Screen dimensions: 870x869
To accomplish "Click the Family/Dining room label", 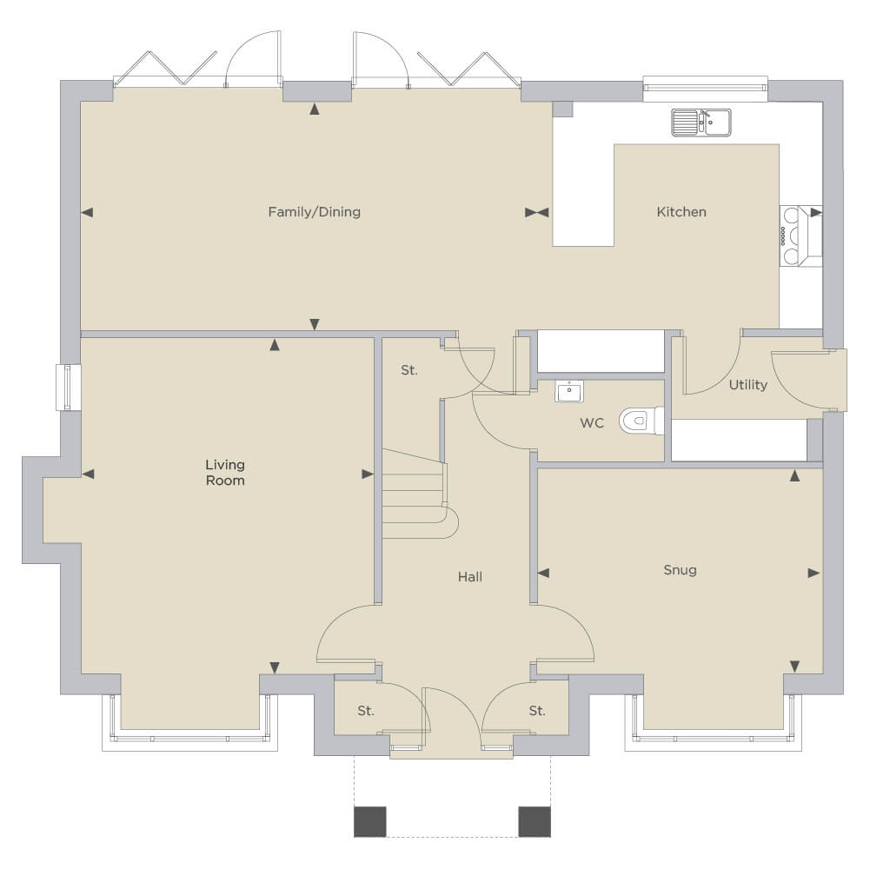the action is click(314, 212).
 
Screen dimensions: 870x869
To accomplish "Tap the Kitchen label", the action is click(681, 212).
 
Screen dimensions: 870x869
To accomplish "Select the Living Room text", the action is click(225, 472).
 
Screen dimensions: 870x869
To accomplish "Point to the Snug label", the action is click(681, 570).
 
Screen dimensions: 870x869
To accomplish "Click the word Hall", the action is click(470, 577).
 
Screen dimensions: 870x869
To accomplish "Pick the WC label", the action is click(592, 423).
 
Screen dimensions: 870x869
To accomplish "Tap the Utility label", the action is click(748, 385).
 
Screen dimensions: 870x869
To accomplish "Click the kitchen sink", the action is click(701, 123).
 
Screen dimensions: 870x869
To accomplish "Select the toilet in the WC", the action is click(641, 421).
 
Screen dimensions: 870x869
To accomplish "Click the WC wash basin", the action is click(569, 391).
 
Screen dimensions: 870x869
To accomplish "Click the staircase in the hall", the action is click(420, 494).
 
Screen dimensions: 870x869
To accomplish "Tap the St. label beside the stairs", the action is click(408, 370).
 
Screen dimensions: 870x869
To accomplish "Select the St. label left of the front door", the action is click(366, 711).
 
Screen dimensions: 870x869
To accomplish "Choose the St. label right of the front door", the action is click(536, 711).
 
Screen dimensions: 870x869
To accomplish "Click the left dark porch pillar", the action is click(370, 821).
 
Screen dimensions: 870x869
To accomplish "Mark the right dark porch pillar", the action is click(535, 821).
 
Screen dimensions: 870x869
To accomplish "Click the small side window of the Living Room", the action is click(69, 388).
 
